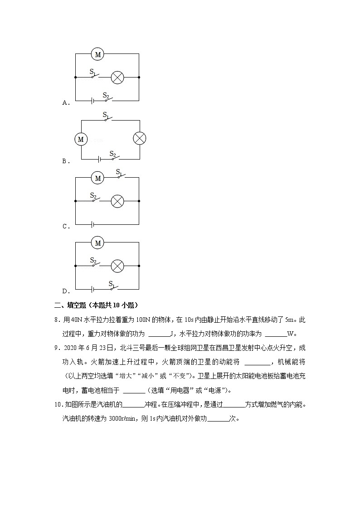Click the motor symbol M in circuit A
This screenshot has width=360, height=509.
(x=97, y=54)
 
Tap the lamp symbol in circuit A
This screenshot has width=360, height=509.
(x=117, y=78)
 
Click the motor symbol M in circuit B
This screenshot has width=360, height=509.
(x=81, y=139)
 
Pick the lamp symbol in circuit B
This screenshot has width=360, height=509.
(x=139, y=139)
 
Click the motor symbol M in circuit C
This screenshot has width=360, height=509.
(x=97, y=178)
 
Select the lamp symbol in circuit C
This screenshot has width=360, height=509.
(x=117, y=201)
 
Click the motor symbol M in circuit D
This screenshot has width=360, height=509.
(x=97, y=243)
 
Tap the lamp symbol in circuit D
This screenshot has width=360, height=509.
(x=117, y=266)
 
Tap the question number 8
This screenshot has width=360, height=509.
(x=57, y=320)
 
